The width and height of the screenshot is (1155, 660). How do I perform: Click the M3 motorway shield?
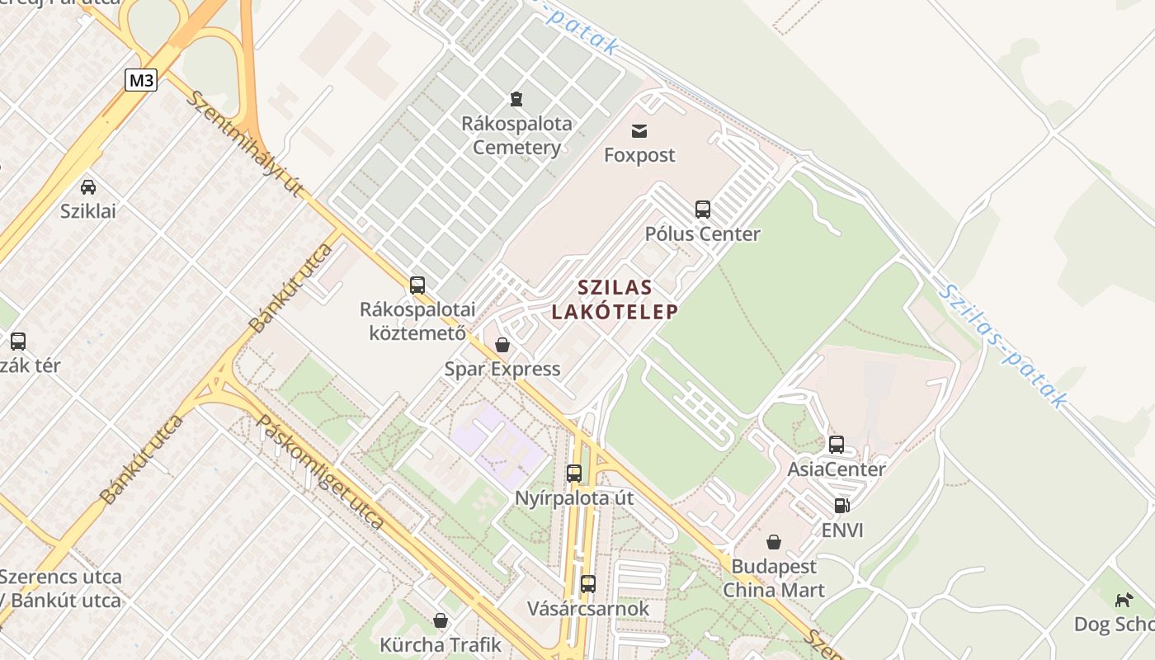[x=141, y=80]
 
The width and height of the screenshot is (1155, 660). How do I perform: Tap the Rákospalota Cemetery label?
[x=516, y=136]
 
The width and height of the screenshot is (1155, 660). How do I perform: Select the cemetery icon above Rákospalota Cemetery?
[x=516, y=99]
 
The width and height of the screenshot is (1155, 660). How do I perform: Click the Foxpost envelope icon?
[x=639, y=130]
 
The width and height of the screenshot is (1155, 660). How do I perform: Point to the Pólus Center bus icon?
[x=702, y=210]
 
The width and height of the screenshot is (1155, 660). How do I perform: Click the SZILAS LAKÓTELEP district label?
[x=615, y=299]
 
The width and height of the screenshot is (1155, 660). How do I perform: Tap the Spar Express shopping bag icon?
[x=502, y=345]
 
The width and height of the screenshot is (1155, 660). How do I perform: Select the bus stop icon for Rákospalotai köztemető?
[x=417, y=285]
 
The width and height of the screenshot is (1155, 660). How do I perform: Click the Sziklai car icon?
[x=88, y=187]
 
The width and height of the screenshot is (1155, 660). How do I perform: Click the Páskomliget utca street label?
[x=321, y=471]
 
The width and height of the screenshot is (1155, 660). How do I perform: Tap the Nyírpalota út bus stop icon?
[x=574, y=474]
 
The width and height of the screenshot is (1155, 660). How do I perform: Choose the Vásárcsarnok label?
[x=588, y=609]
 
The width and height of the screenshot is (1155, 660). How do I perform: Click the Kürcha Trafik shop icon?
[x=441, y=620]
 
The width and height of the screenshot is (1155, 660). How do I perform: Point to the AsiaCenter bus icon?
[x=837, y=445]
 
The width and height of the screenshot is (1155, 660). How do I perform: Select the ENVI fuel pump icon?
[x=841, y=506]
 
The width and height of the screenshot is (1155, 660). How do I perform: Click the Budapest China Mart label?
[x=774, y=578]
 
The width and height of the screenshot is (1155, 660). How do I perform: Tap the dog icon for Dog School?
[x=1124, y=600]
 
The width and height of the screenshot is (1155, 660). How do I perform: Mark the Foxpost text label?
[x=639, y=155]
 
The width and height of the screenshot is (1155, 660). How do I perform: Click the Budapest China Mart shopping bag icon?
[x=774, y=542]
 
